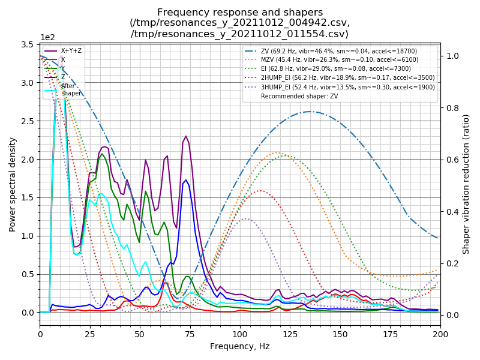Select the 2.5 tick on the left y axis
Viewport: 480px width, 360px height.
point(28,121)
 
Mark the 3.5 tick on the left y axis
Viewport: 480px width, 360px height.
point(28,45)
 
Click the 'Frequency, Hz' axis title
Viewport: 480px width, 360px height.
point(240,346)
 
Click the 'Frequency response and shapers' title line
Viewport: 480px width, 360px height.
point(240,13)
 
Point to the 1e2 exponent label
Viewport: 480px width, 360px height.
point(47,37)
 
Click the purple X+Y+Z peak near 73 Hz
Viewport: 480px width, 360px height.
point(186,136)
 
